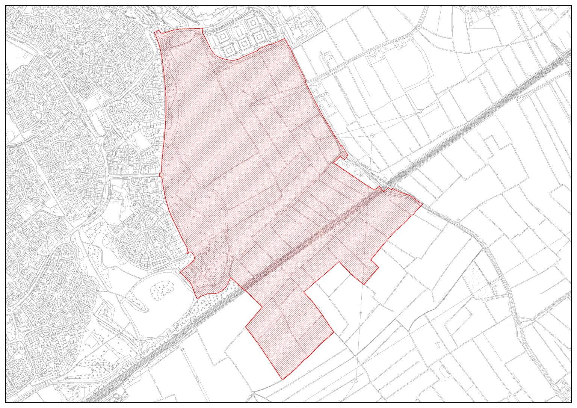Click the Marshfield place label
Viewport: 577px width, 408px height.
click(544, 9)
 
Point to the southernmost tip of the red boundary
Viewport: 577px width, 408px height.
click(281, 379)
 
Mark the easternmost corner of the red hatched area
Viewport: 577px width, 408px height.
click(422, 205)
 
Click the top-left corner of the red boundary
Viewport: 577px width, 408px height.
click(155, 32)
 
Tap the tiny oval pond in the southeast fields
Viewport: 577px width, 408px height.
click(437, 344)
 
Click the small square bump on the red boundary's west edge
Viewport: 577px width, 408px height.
click(161, 175)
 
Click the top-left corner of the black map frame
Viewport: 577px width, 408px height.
click(6, 6)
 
